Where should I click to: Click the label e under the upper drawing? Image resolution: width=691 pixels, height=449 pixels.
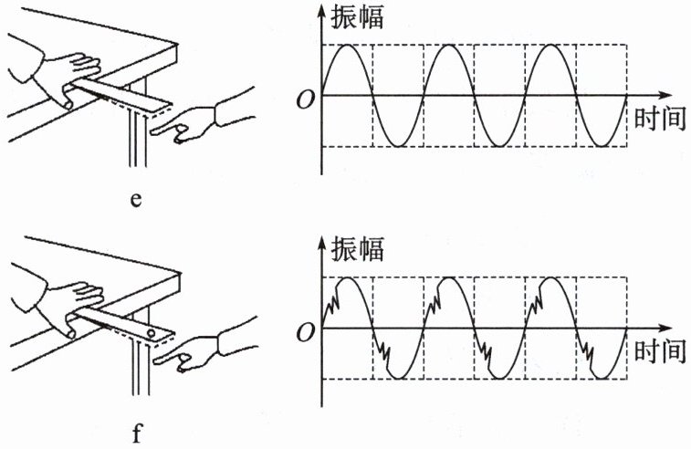pyautogui.click(x=135, y=199)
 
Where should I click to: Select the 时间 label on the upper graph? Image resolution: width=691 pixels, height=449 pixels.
pyautogui.click(x=656, y=119)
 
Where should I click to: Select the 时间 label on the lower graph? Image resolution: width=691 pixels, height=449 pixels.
pyautogui.click(x=656, y=350)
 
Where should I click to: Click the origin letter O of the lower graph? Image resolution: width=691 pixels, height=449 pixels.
pyautogui.click(x=304, y=329)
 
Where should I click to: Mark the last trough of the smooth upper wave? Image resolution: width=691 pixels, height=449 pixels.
pyautogui.click(x=601, y=146)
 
